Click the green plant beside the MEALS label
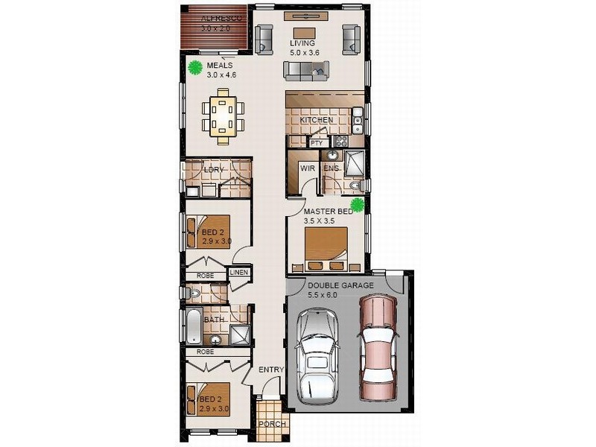pos(196,68)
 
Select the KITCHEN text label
pos(317,120)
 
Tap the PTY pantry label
pos(316,142)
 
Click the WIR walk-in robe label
pos(307,169)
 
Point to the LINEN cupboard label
pos(238,273)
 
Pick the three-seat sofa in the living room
pos(306,71)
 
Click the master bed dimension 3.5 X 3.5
pos(322,221)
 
